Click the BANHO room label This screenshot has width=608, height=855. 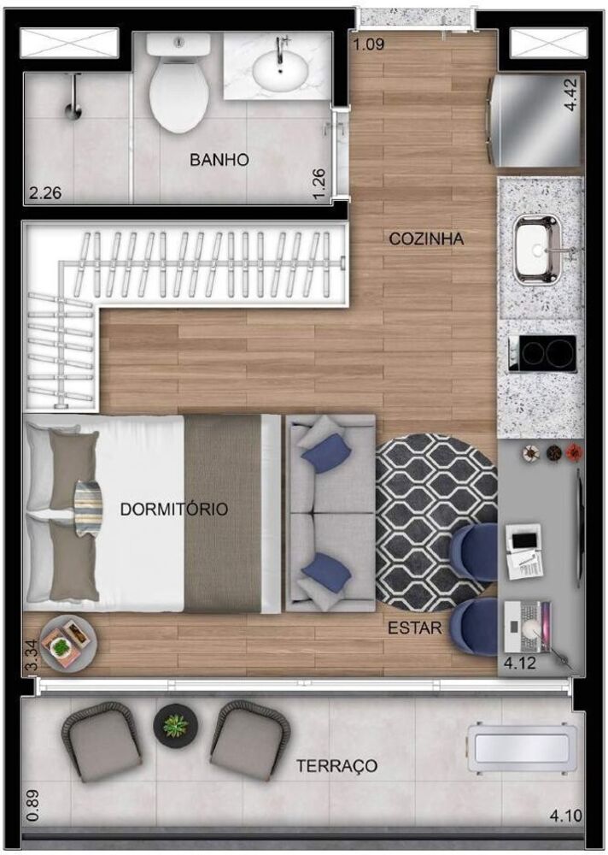click(219, 160)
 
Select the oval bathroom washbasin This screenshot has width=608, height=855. click(280, 69)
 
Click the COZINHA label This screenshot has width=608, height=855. click(426, 239)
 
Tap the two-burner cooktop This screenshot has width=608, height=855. click(542, 353)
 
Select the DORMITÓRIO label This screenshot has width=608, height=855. click(174, 510)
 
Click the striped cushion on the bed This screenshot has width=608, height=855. click(88, 508)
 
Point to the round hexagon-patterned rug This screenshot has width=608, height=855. click(436, 522)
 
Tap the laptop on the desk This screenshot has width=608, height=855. click(527, 626)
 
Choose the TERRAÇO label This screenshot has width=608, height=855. click(336, 765)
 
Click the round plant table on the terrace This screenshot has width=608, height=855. click(174, 725)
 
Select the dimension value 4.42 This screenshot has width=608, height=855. click(571, 94)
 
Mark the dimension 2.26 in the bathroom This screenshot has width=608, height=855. click(45, 193)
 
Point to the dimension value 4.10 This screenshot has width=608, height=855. click(565, 816)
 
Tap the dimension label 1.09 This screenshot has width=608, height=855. click(369, 44)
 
